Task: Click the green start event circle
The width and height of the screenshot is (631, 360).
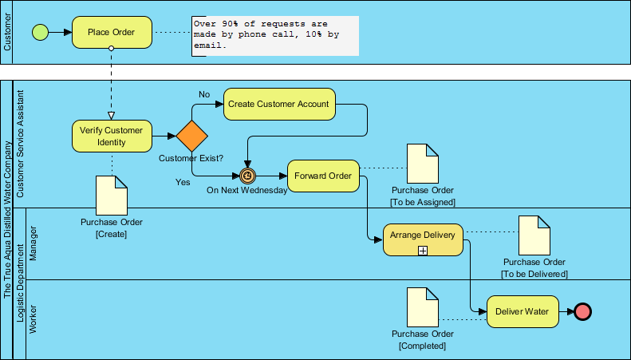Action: point(39,33)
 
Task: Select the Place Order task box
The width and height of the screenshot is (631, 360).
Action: point(111,33)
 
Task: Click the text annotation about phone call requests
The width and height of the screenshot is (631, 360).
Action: point(274,36)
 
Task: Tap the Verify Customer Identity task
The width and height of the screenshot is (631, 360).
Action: point(112,136)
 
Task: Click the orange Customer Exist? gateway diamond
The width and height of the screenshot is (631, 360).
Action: point(191,136)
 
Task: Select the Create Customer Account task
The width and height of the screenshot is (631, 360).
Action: point(278,105)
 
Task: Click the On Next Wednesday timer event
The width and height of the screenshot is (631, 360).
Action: point(247,176)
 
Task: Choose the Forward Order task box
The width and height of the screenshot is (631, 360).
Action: point(323,176)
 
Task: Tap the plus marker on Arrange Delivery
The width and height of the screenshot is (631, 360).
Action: point(423,250)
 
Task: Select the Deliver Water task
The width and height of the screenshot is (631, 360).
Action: point(523,311)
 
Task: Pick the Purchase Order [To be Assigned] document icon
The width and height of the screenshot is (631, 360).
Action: point(423,163)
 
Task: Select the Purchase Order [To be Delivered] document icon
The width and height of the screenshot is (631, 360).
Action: point(534,235)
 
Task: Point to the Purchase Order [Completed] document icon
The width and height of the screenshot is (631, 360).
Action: point(423,307)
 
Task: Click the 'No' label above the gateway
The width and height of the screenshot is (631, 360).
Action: point(204,95)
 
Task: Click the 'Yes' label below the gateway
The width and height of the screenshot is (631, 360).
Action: point(182,183)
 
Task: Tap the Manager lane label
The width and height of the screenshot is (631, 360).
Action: point(34,243)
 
